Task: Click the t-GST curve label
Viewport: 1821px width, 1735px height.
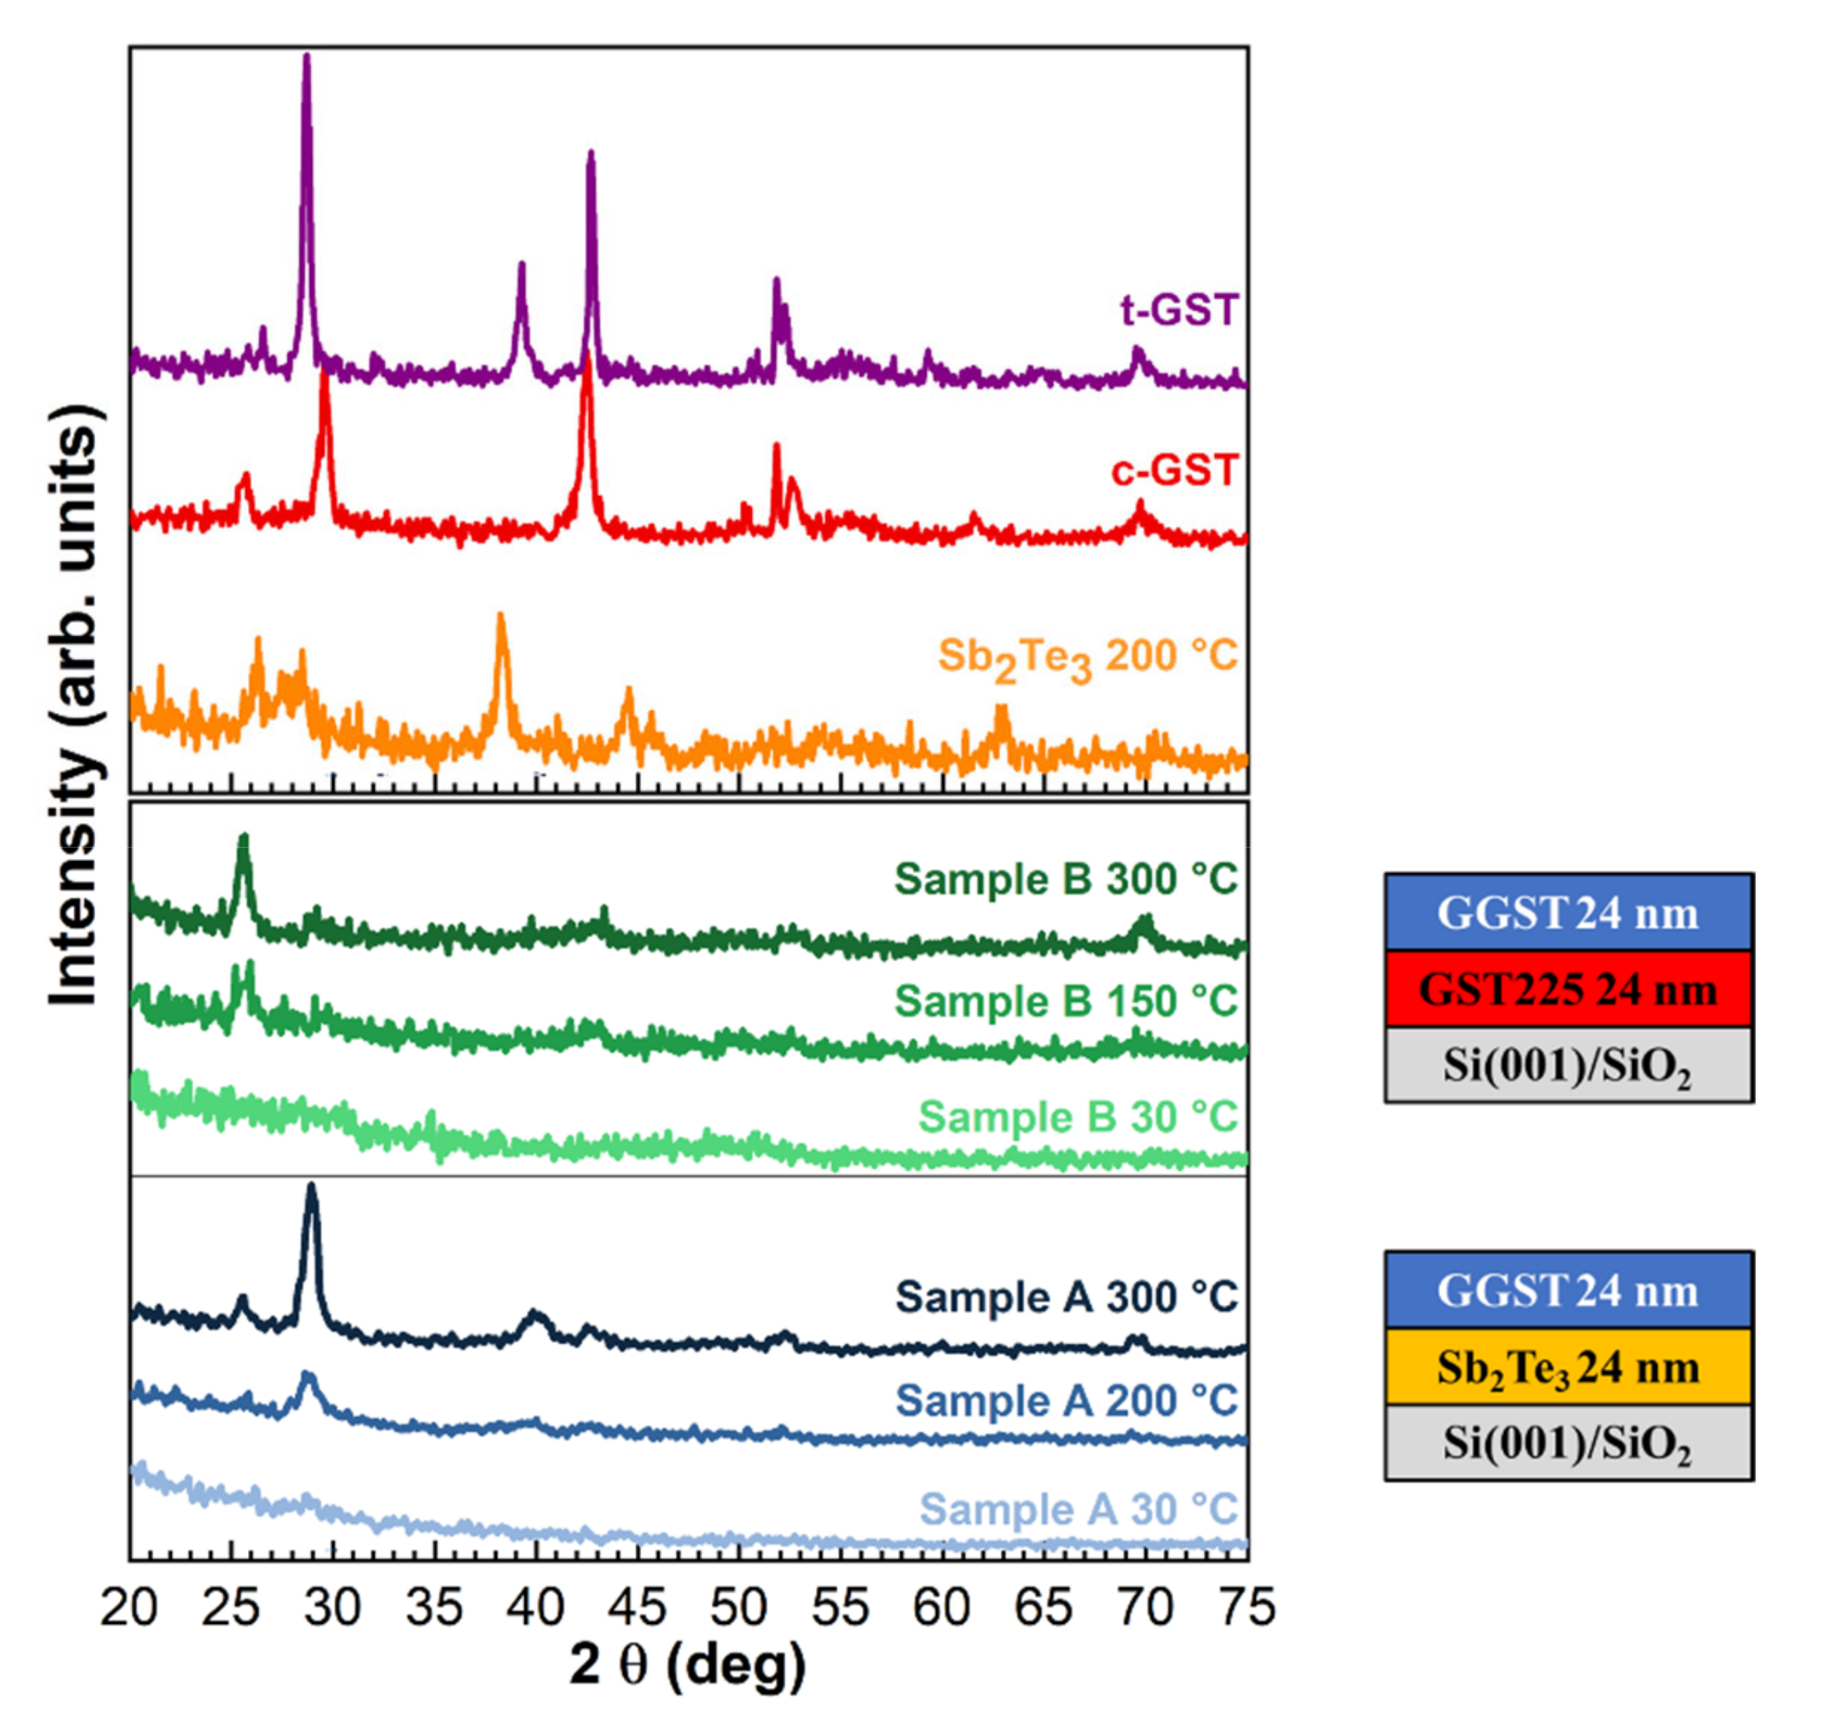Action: (1178, 310)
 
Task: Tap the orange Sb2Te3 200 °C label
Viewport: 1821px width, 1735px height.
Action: (1086, 658)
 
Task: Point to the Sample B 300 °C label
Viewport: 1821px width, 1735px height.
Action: (1065, 879)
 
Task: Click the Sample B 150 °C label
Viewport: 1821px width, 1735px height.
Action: (1065, 1001)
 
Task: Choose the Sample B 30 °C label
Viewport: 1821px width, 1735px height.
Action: (1078, 1116)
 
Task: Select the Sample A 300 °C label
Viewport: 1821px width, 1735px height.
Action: (1065, 1297)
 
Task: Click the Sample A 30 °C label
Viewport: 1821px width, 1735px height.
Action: (1078, 1509)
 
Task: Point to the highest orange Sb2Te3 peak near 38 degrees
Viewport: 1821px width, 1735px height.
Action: (500, 616)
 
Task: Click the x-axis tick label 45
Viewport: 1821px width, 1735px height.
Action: (637, 1607)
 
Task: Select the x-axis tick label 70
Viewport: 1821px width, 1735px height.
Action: (1145, 1607)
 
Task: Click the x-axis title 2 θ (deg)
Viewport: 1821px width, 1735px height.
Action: (687, 1664)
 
